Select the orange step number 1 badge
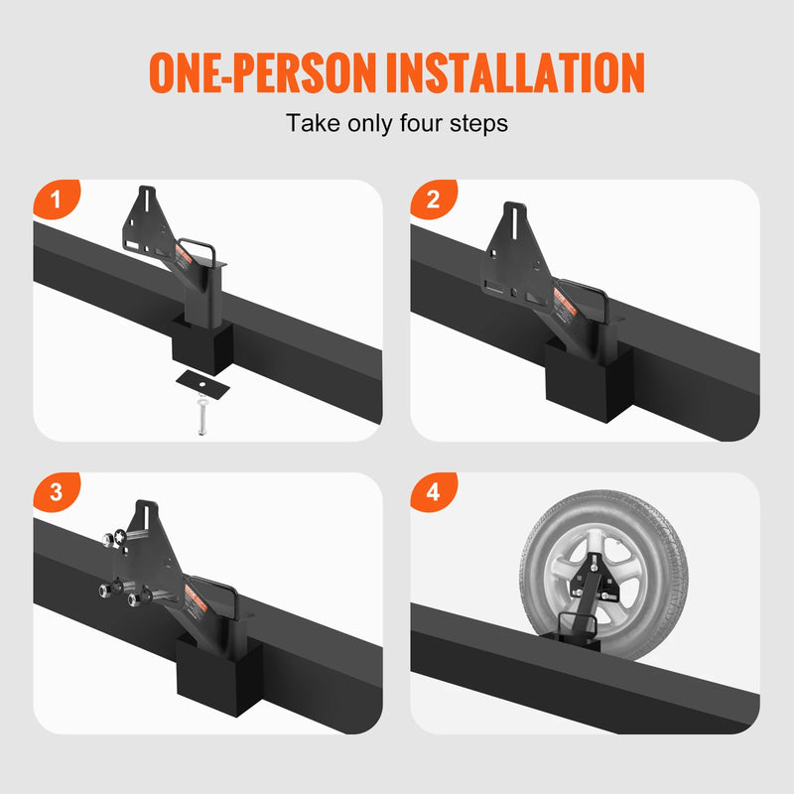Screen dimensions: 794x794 point(56,199)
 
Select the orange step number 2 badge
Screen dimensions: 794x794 point(433,199)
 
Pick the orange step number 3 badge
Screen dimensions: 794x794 point(56,492)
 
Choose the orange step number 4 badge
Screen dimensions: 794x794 point(433,492)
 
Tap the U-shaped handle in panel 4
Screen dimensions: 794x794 point(576,625)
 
